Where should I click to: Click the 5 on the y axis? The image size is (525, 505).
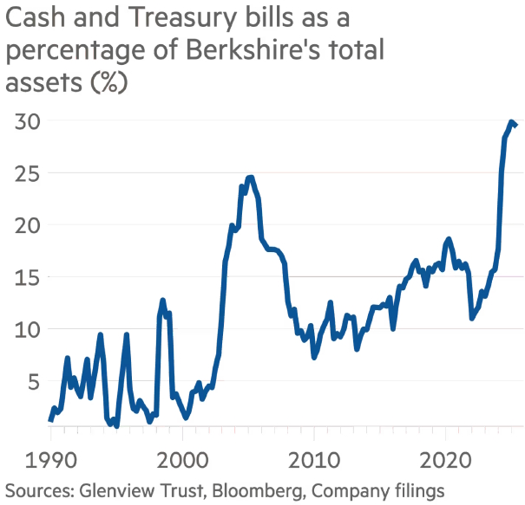tap(35, 381)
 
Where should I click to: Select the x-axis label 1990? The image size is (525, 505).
tap(50, 456)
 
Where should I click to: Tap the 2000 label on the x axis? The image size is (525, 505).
tap(182, 456)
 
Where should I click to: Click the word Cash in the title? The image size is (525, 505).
tap(31, 18)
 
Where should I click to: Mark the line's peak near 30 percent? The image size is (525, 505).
tap(512, 122)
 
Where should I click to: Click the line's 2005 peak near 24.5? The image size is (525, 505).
tap(250, 178)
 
